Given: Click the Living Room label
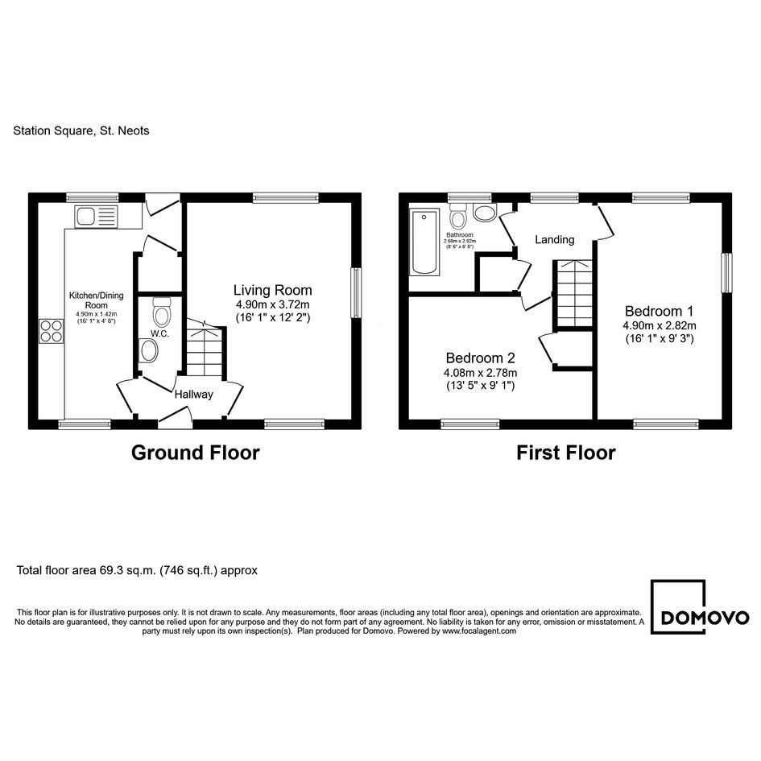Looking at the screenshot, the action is click(272, 290).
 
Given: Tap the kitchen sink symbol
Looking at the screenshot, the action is click(96, 217).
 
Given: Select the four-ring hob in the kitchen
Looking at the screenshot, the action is click(51, 331).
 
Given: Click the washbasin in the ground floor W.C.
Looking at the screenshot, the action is click(148, 350).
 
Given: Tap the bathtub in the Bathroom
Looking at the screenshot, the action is click(424, 242).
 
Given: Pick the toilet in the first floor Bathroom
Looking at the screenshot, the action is click(457, 216).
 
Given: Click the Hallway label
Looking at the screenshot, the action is click(193, 395).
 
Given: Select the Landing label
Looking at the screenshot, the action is click(555, 239).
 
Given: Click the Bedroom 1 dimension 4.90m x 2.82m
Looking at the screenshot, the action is click(660, 325).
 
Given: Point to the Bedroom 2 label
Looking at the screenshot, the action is click(481, 358).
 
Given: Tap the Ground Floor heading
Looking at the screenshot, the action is click(196, 453).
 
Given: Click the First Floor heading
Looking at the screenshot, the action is click(566, 453).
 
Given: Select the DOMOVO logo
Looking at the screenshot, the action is click(700, 606).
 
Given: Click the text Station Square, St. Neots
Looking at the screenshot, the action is click(81, 130).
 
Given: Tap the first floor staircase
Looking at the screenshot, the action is click(574, 294).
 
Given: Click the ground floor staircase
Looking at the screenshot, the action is click(205, 348).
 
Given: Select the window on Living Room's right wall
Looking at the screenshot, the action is click(356, 292).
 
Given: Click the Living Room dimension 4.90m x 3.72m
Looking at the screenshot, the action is click(273, 304).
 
